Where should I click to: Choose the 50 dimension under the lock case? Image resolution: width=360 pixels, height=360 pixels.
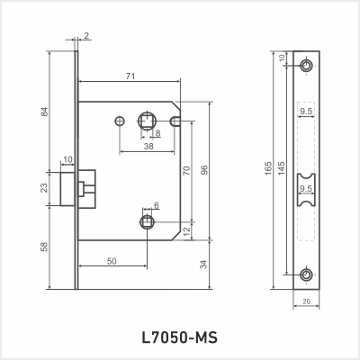tap(111, 260)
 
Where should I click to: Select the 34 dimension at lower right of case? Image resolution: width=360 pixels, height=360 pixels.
tap(204, 265)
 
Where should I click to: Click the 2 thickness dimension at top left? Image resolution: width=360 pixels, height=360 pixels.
tap(86, 35)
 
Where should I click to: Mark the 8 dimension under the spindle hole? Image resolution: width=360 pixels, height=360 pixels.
tap(157, 133)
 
